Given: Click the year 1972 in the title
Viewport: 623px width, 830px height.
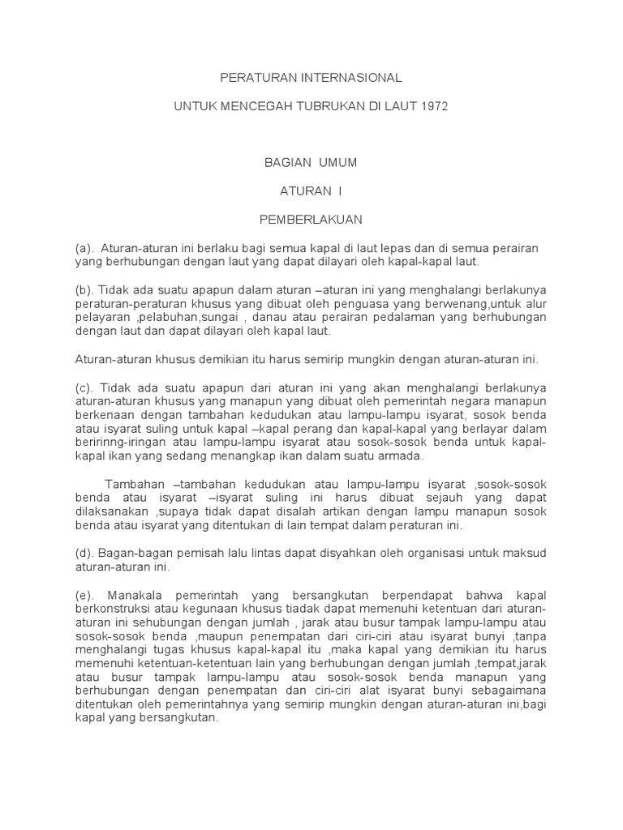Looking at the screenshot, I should click(432, 106).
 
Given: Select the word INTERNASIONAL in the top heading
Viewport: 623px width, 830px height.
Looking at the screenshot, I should click(358, 79).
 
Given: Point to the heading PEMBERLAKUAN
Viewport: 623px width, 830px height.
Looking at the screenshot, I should click(311, 219).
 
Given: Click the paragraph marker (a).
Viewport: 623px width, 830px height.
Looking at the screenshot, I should click(84, 247).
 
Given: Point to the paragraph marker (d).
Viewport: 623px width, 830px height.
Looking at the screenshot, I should click(84, 554).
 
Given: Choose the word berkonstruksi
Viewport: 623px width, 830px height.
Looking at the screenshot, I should click(115, 610).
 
